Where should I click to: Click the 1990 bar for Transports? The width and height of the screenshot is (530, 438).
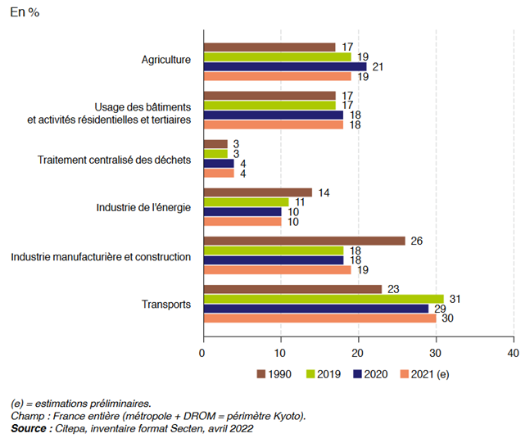[x=292, y=289]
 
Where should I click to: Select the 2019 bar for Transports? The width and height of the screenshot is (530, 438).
[x=324, y=299]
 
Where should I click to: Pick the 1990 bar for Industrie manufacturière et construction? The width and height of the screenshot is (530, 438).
[x=304, y=241]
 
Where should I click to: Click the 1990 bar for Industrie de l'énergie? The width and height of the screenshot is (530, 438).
[x=257, y=192]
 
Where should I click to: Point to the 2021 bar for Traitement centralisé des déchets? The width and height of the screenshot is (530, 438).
[x=219, y=173]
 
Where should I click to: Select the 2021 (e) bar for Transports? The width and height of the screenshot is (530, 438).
[x=319, y=318]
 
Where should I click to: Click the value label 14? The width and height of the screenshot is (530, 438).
[x=325, y=192]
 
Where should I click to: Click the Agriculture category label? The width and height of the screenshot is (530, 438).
[x=166, y=61]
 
